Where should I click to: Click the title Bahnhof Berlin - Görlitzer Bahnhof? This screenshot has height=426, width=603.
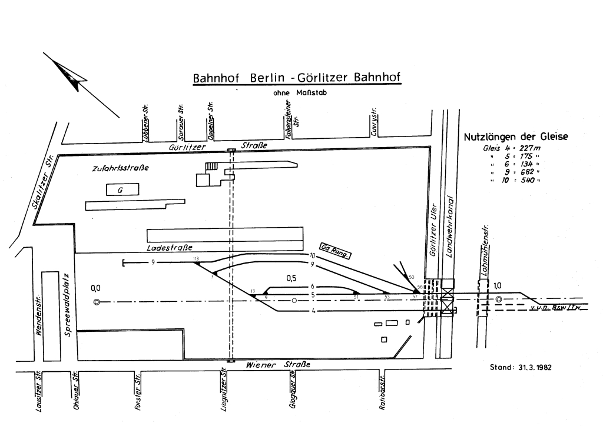(297, 79)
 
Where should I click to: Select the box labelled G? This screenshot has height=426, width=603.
(122, 189)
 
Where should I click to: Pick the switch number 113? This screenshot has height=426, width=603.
(196, 259)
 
